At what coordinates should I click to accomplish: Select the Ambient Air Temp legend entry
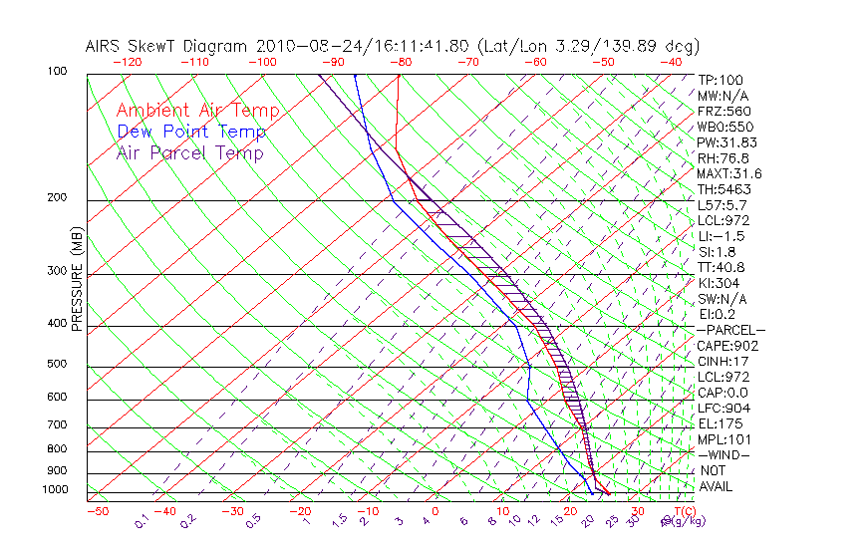(197, 111)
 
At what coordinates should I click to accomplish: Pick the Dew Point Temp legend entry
(191, 132)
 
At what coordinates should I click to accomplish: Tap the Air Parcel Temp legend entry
(189, 152)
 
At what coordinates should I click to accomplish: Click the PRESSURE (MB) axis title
(77, 279)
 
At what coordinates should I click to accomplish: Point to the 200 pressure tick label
(58, 197)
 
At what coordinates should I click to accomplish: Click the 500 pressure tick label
(58, 365)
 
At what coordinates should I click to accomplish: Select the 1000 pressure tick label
(55, 490)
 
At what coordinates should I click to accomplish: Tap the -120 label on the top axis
(127, 62)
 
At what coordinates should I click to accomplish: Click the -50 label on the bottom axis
(97, 512)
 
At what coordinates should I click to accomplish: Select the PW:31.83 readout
(726, 142)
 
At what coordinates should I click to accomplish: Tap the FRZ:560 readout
(724, 112)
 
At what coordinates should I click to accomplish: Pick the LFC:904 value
(723, 409)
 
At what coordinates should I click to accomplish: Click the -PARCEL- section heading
(730, 330)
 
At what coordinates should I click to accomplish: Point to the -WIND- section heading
(723, 454)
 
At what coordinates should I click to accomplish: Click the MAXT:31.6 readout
(729, 174)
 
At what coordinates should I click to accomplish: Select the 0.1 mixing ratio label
(142, 520)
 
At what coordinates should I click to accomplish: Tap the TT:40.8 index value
(722, 267)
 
